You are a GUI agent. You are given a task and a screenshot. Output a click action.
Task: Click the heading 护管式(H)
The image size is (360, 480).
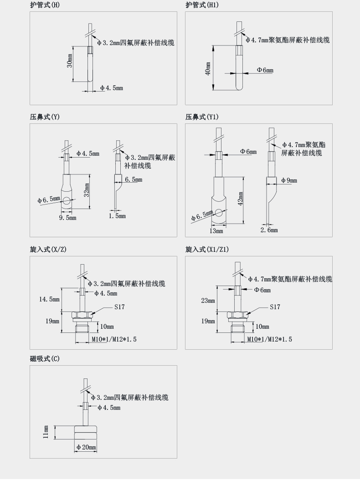pyautogui.click(x=45, y=5)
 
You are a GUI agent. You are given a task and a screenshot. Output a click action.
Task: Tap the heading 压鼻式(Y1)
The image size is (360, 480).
pyautogui.click(x=201, y=117)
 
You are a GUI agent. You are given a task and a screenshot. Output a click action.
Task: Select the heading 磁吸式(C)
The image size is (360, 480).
pyautogui.click(x=45, y=359)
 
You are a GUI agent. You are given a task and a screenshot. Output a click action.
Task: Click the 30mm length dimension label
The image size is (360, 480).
pyautogui.click(x=70, y=61)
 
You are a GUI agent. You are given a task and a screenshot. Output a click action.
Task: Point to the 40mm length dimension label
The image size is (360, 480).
pyautogui.click(x=208, y=69)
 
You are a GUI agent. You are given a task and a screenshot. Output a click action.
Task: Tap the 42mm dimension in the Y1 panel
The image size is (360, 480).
pyautogui.click(x=240, y=199)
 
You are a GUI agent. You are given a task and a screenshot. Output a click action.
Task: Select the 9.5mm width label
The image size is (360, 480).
pyautogui.click(x=67, y=218)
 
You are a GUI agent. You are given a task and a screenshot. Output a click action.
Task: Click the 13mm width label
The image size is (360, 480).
pyautogui.click(x=216, y=231)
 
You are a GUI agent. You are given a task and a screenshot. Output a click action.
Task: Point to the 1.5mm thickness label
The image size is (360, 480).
pyautogui.click(x=117, y=216)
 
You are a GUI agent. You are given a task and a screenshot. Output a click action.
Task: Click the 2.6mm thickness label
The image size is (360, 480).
pyautogui.click(x=269, y=230)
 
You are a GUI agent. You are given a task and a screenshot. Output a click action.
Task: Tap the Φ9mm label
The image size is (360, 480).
pyautogui.click(x=289, y=181)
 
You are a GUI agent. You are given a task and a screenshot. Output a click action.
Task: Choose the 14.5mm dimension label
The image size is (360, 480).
pyautogui.click(x=49, y=299)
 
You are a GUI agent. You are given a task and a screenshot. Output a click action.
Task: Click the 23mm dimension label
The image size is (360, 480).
pyautogui.click(x=208, y=301)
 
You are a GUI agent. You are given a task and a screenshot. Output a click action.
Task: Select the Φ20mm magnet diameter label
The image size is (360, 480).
pyautogui.click(x=86, y=447)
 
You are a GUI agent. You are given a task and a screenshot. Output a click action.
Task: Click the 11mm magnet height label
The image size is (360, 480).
pyautogui.click(x=46, y=432)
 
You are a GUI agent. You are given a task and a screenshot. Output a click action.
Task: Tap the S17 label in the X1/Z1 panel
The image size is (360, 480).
pyautogui.click(x=275, y=307)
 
